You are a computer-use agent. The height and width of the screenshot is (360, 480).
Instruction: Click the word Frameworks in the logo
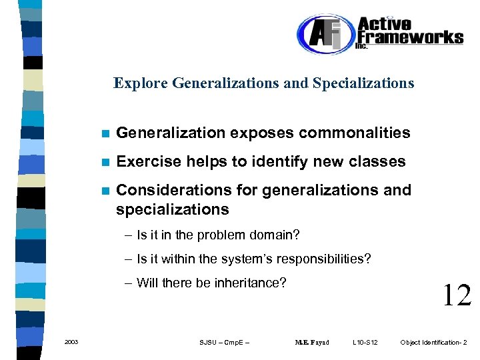point(410,37)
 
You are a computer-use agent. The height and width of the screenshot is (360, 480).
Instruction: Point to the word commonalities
point(354,133)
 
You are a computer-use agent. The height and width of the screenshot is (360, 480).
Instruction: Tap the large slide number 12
point(457,295)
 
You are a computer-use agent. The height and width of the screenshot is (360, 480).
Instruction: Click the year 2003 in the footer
point(71,342)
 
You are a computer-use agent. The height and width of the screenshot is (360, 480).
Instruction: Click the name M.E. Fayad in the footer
point(312,343)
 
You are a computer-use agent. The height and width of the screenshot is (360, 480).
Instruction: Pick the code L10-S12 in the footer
point(365,343)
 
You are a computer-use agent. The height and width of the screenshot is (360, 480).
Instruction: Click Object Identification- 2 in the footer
point(433,343)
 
